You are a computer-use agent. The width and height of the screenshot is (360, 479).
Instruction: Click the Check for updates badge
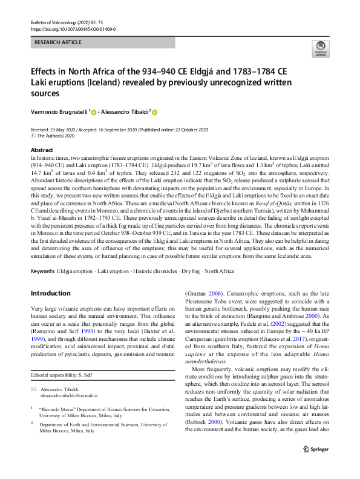click(x=319, y=48)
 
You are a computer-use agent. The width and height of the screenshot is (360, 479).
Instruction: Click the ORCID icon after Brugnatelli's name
click(x=94, y=111)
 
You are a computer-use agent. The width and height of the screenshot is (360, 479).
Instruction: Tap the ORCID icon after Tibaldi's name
click(x=154, y=111)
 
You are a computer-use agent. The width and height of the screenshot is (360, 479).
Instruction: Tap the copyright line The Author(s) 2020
click(x=57, y=136)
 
